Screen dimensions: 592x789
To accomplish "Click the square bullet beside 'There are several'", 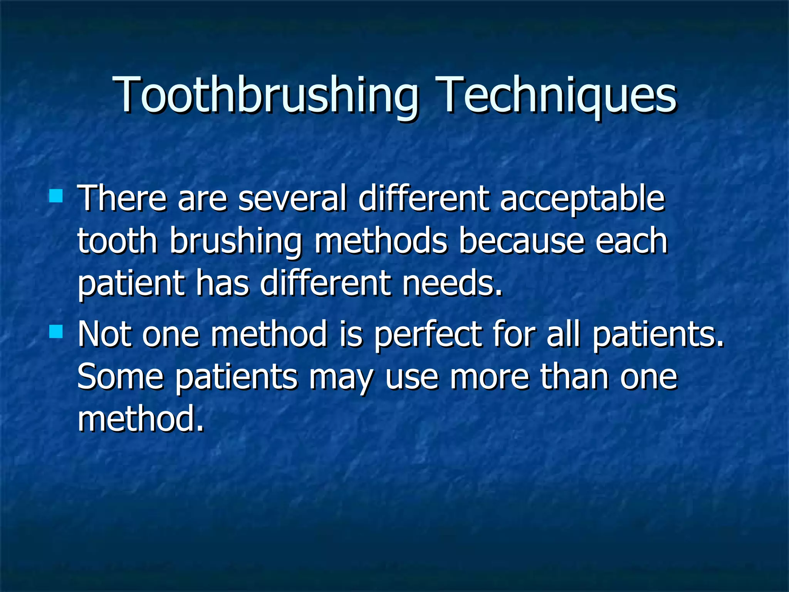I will tap(56, 196).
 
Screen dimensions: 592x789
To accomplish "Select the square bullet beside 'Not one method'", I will tap(56, 331).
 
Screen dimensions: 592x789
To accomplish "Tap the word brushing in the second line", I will tap(235, 242).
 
